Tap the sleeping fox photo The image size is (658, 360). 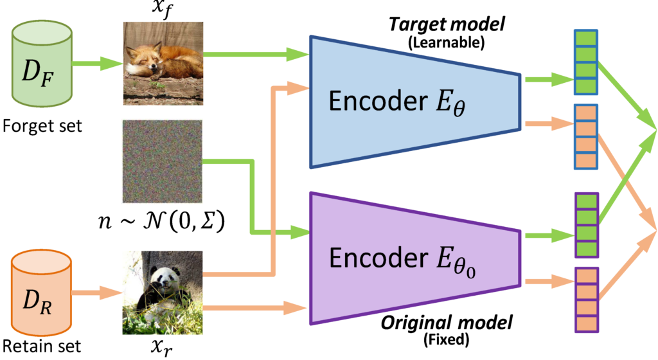tap(163, 64)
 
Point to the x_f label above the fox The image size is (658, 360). tap(163, 10)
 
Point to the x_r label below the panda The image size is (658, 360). tap(163, 348)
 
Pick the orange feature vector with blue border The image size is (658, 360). tap(585, 136)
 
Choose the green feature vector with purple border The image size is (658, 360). tap(585, 225)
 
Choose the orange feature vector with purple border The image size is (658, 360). tap(585, 299)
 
